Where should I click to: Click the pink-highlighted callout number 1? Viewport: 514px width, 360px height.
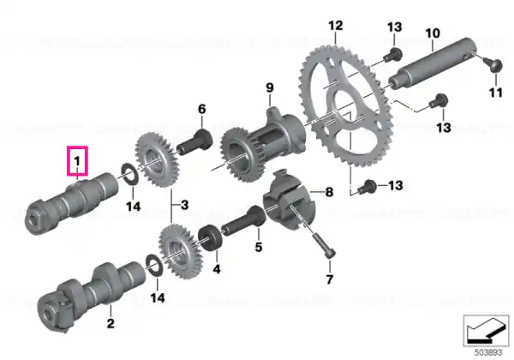(77, 161)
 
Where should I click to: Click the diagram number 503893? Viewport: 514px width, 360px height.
(488, 353)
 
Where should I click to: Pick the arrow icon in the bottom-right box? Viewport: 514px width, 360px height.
(486, 330)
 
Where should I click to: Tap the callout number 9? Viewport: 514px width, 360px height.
(269, 88)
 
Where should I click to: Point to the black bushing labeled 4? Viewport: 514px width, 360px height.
(212, 237)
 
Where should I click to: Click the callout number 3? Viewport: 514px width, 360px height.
(185, 205)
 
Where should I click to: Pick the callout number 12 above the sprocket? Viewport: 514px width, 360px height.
(336, 26)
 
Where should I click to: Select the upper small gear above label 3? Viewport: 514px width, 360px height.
(157, 160)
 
